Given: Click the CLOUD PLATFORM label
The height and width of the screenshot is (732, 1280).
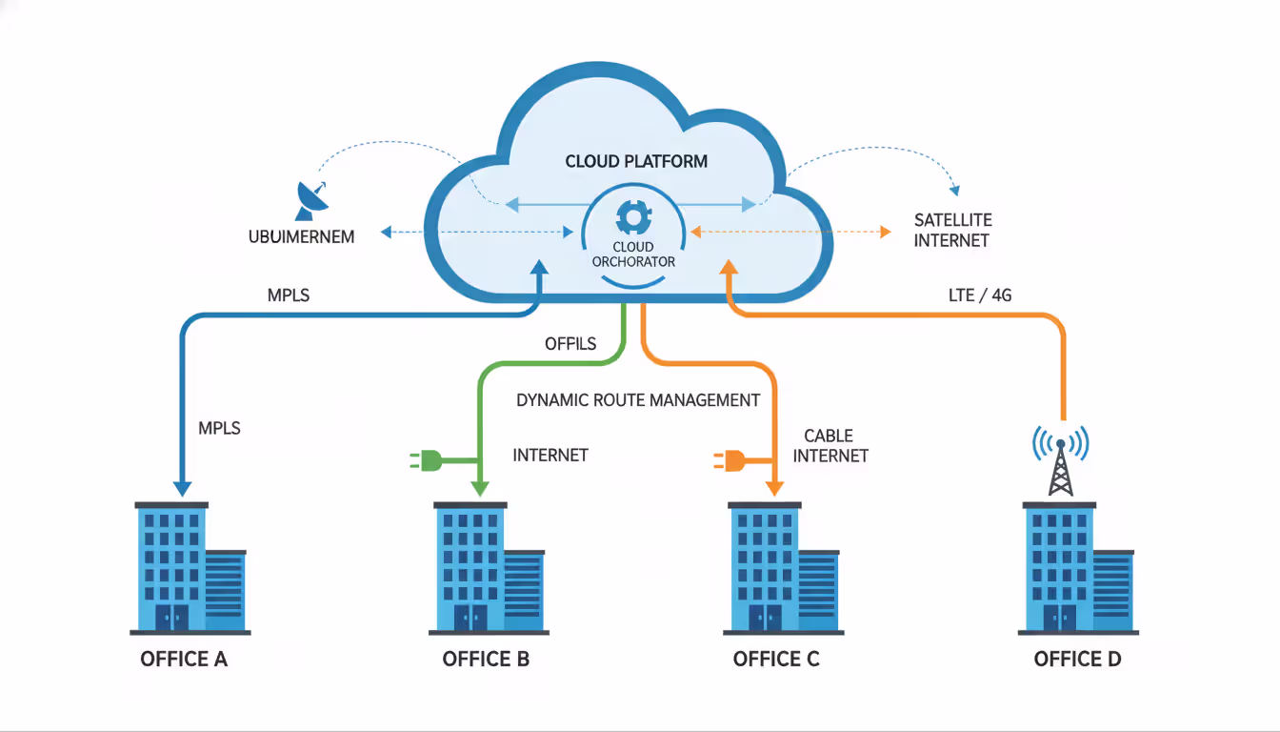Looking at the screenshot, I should [636, 161].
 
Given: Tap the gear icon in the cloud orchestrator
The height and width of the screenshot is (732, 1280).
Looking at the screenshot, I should [632, 216].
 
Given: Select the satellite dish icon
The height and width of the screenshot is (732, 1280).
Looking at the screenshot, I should [312, 200].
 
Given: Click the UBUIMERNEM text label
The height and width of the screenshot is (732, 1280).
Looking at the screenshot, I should [301, 236].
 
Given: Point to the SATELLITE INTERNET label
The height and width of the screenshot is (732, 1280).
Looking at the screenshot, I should [951, 230].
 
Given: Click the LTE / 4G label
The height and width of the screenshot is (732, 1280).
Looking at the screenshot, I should [980, 295].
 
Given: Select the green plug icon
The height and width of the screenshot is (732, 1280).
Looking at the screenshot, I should [428, 461].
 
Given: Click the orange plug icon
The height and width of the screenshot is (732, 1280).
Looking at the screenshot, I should [730, 461].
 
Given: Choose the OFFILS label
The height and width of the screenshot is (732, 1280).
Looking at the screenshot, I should [570, 343].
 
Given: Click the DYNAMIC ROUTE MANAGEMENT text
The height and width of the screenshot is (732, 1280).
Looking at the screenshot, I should [638, 400].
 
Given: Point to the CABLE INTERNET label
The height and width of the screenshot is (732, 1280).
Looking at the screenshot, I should [830, 446].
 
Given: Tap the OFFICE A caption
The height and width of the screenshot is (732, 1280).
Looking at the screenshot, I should [184, 660].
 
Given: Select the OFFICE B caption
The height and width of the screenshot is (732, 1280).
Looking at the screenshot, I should [486, 660].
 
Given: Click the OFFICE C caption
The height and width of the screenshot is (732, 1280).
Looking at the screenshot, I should [776, 660].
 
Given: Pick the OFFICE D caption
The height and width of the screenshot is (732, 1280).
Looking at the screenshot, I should [1077, 660].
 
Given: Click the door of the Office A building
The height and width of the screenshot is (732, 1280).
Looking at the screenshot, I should [170, 617].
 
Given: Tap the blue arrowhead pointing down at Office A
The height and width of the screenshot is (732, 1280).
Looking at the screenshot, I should [182, 487].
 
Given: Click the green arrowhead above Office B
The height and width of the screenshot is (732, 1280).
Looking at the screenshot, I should [480, 487].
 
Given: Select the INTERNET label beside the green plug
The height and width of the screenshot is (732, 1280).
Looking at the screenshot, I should [550, 456].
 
